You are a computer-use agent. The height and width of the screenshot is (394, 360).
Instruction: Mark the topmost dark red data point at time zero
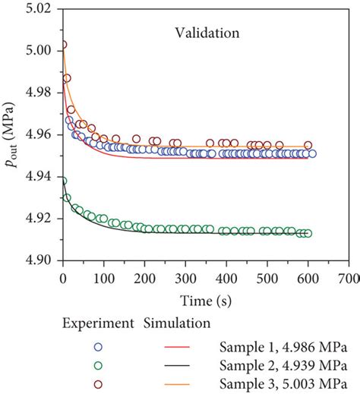click(x=63, y=45)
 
